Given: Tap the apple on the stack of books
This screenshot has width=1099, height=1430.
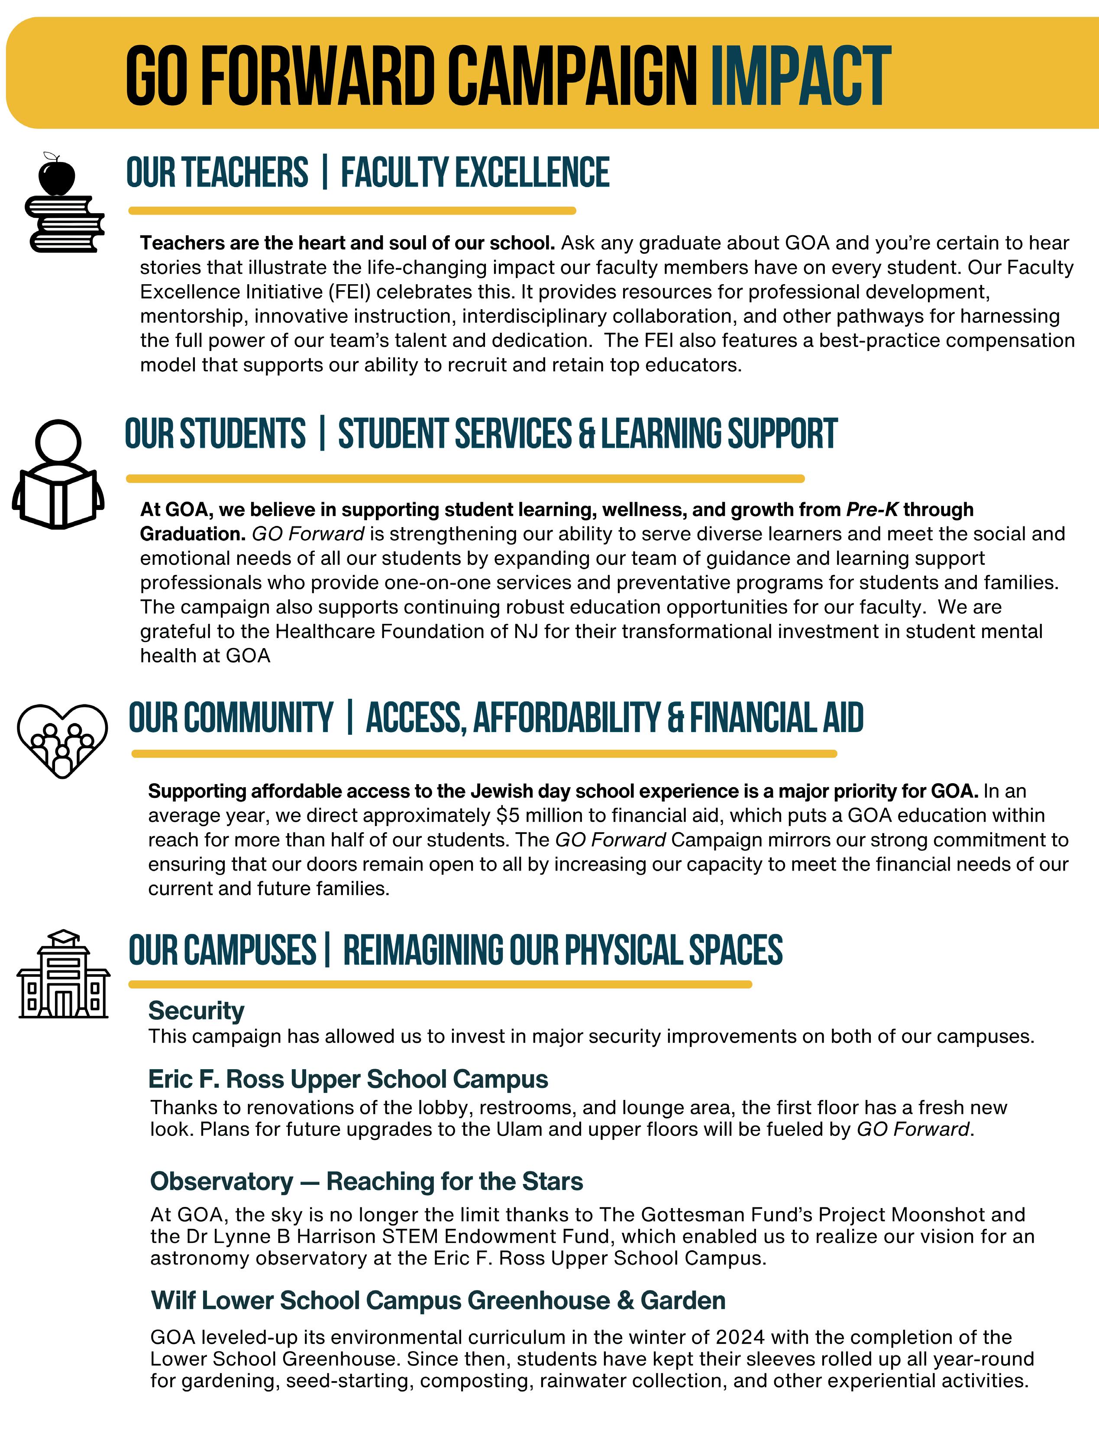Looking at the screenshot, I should point(56,175).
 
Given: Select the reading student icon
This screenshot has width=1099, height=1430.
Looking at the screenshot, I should point(58,474).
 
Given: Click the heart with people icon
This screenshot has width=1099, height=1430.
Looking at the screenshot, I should point(62,740).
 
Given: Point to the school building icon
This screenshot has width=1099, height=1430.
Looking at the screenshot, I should point(64,975).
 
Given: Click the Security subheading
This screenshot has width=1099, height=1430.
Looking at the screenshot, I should point(196,1011).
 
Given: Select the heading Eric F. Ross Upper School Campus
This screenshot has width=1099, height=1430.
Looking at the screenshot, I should point(348,1079).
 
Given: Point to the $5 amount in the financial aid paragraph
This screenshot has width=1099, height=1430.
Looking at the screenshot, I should point(507,815).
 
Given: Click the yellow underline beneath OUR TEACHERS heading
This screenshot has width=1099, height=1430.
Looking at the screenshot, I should point(352,211).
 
